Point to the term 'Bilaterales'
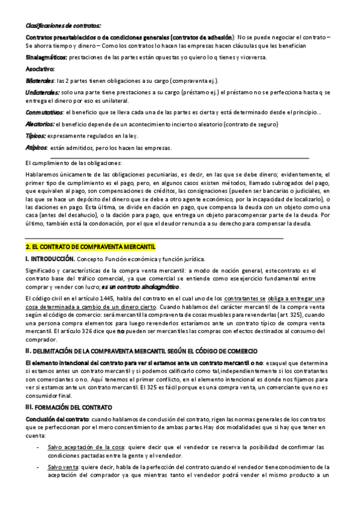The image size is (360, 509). [40, 80]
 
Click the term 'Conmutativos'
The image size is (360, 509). [44, 112]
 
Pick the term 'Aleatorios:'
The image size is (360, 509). [40, 124]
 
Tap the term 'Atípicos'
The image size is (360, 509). [36, 148]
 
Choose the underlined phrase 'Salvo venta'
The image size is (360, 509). [62, 466]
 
